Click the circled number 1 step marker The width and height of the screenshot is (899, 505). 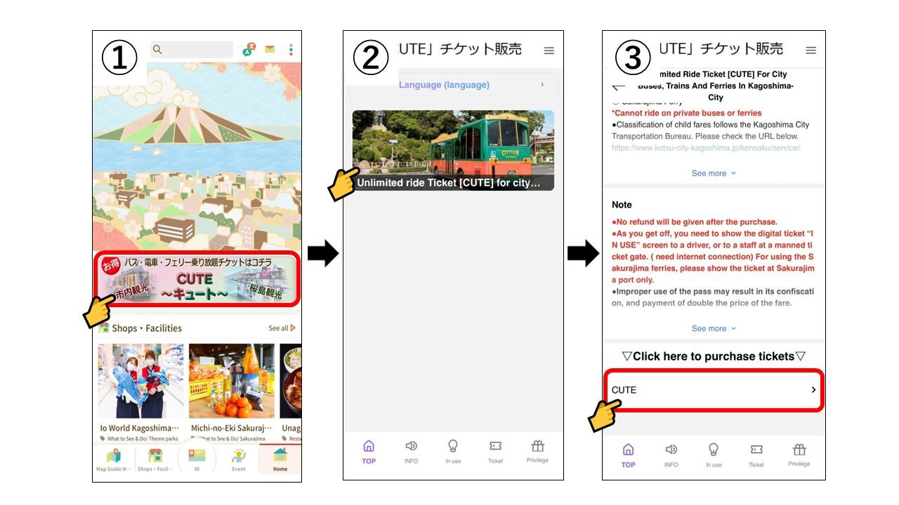(119, 58)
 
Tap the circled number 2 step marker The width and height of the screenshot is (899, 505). (370, 58)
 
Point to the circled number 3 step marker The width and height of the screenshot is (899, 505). (632, 58)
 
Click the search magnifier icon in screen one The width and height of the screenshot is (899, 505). (157, 49)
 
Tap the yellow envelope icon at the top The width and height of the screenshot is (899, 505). (270, 49)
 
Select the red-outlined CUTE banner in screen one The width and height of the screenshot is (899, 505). (197, 278)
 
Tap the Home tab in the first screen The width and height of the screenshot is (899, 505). (280, 459)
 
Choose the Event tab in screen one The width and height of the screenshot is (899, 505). (239, 459)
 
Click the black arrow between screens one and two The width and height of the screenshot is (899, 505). (322, 253)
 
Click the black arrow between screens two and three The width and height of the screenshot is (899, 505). (582, 253)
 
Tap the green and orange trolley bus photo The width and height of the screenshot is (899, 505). (453, 149)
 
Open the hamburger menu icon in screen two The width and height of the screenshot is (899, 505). (549, 50)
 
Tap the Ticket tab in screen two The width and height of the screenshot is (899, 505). (495, 451)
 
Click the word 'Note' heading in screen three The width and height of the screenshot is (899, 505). (622, 205)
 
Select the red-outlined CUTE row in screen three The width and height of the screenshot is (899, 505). (713, 390)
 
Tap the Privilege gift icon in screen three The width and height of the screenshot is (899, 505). (799, 453)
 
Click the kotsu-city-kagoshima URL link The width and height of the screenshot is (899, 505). (705, 148)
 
